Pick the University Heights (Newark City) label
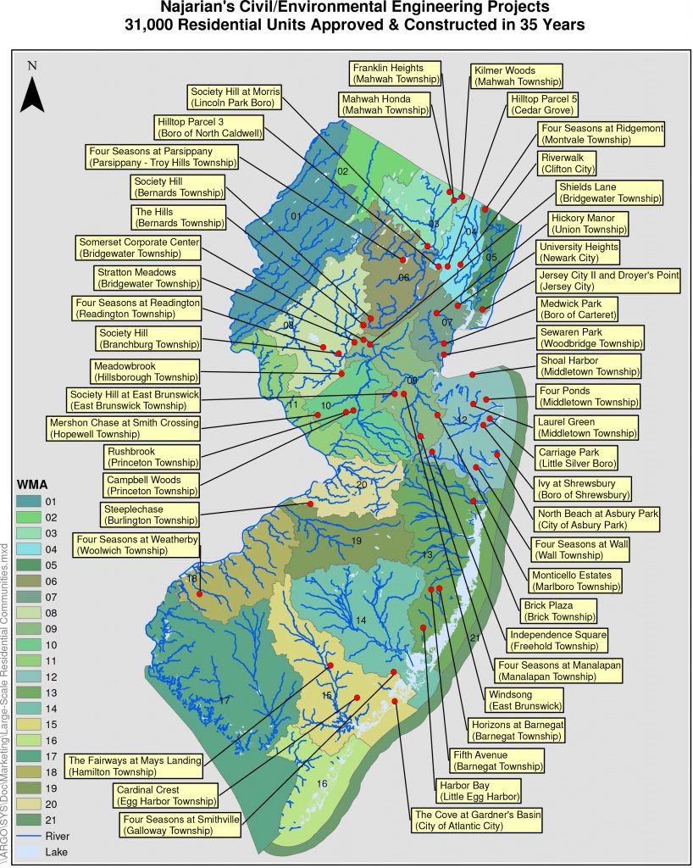pos(579,253)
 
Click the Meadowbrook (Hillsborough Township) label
pos(144,371)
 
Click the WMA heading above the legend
pos(33,484)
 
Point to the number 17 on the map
pos(225,701)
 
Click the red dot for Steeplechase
pos(310,504)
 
